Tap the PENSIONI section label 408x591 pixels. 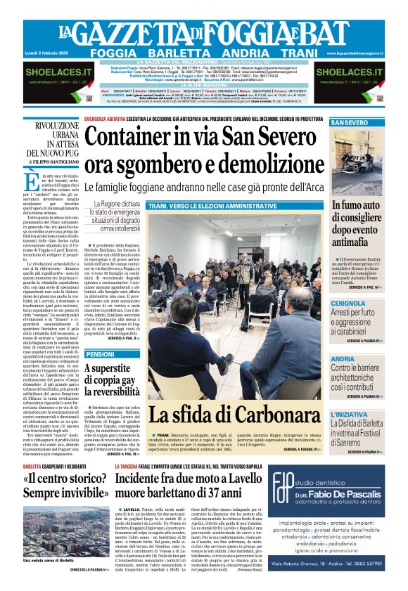(x=99, y=354)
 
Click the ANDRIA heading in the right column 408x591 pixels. (x=343, y=359)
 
